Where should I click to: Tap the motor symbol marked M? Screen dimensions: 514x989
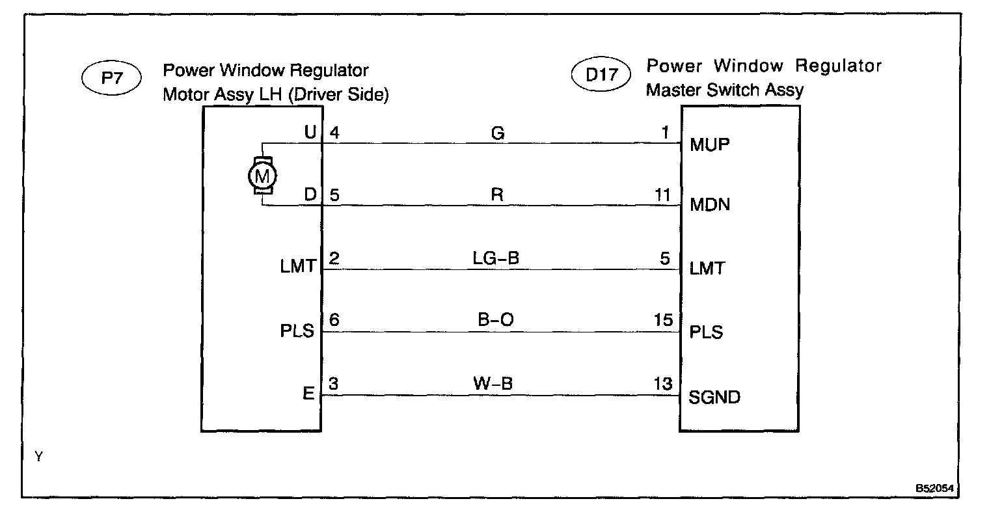pos(262,174)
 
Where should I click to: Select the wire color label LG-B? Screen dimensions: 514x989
pos(496,258)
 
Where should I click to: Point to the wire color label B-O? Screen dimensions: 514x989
pos(496,321)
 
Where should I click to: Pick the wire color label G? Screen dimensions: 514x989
pos(498,133)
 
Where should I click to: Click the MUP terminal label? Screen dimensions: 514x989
pos(709,144)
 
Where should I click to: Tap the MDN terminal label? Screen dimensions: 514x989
pos(709,206)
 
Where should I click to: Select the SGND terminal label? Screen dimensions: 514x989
pos(714,397)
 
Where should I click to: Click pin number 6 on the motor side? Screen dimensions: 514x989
pos(334,321)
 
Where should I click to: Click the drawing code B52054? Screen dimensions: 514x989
pos(938,487)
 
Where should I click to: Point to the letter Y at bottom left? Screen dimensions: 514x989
pos(39,457)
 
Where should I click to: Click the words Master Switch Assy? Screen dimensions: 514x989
pos(724,90)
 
